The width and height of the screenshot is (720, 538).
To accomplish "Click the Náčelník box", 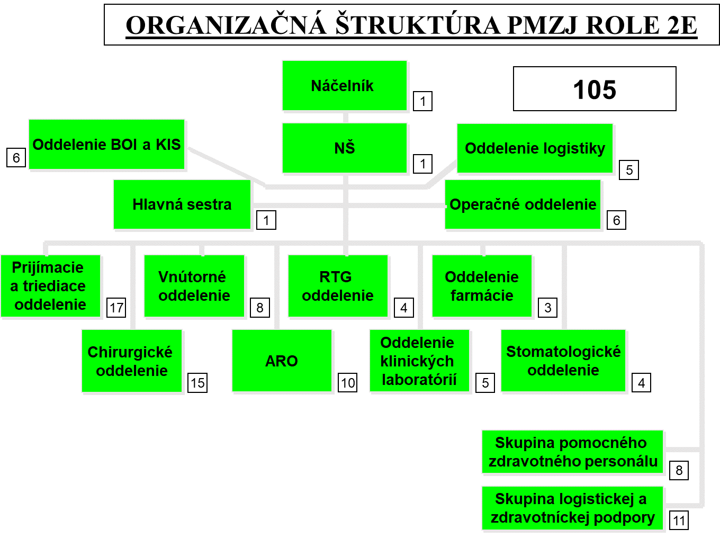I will coord(344,86).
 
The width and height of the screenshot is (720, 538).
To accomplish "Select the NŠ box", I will coord(344,148).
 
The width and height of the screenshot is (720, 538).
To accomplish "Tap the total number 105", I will coord(595,89).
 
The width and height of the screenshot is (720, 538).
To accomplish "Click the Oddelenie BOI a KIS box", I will coord(107,145).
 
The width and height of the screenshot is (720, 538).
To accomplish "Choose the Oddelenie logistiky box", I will coord(535,149).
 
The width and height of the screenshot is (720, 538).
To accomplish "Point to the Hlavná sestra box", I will coord(182,204).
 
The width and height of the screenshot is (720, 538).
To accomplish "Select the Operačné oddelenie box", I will coord(523,204).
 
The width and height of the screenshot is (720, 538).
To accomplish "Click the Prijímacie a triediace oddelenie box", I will coord(50,286).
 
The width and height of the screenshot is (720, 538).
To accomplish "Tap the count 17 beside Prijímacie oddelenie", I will coord(116,308).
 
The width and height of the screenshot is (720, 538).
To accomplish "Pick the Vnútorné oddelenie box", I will coord(194,286).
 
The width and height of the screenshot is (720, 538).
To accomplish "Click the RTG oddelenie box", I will coord(338,286).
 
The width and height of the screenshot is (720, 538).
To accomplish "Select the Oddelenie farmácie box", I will coord(482,286).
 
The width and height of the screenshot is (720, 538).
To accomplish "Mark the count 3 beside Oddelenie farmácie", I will coord(548,308).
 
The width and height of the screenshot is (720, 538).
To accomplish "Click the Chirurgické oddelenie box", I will coord(132,361).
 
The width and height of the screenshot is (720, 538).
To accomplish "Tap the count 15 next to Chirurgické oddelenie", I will coord(197,383).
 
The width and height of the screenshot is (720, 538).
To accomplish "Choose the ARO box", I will coord(282,361).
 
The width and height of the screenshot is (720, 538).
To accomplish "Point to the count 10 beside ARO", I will coord(348,383).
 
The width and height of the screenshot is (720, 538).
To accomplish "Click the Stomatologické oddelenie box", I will coord(563,361).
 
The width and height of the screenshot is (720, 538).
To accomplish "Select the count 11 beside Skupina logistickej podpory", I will coord(679,521).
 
